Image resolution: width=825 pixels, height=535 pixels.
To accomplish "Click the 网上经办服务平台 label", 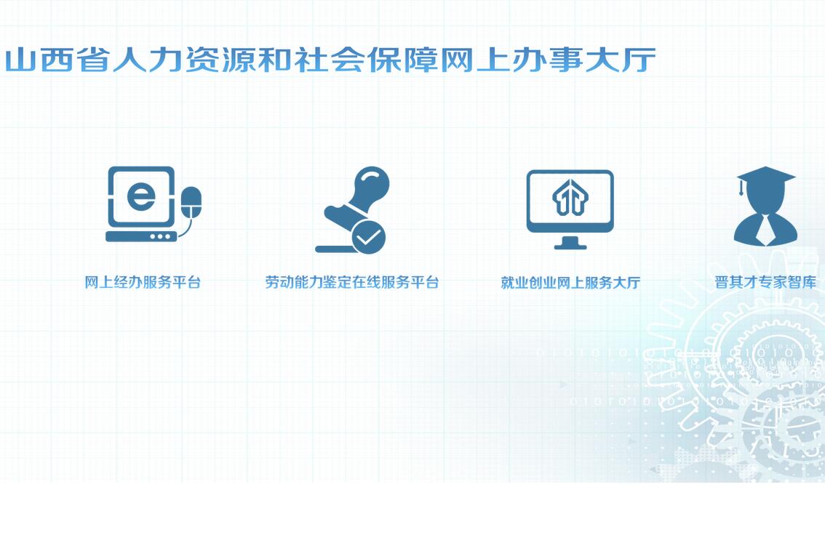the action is coord(143,282).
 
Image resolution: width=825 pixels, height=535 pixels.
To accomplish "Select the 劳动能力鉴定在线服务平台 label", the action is coord(351,282).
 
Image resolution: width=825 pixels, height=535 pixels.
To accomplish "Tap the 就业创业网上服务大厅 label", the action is coord(570,283).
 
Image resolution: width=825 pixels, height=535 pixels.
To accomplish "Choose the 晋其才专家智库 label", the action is coord(765,282).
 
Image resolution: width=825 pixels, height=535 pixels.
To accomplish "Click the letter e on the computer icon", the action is coord(141,196).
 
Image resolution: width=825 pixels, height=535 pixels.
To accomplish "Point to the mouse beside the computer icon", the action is coord(191,202).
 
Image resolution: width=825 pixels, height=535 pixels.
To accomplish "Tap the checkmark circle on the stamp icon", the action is coord(368,237).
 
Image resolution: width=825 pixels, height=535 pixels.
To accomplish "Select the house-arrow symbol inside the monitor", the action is coord(570,197).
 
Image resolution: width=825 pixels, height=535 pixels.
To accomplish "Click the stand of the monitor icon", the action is coord(570,243).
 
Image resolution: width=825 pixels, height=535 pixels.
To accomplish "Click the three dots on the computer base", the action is coord(160,236).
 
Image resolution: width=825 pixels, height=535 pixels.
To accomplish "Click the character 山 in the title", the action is coord(20,60).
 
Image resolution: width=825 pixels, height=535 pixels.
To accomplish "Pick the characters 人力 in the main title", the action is coord(147,60).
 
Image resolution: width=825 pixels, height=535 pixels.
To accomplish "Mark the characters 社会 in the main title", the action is coord(330,60).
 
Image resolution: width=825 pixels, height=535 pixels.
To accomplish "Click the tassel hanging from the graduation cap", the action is coord(741,187).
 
